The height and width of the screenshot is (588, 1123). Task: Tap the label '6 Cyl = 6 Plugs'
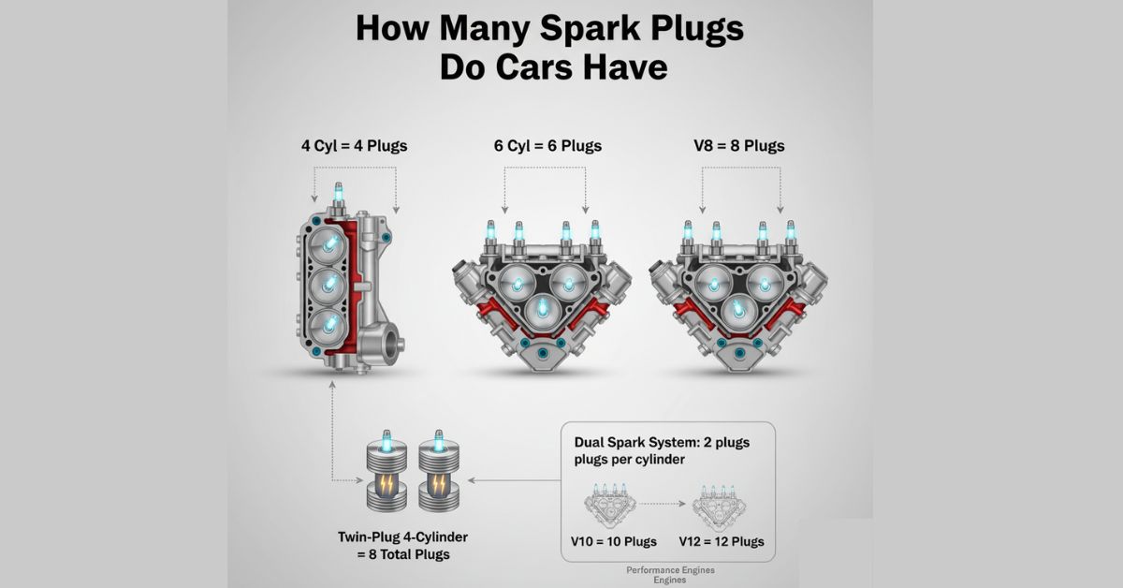[x=547, y=146]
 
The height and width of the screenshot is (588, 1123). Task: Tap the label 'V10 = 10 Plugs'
[x=613, y=541]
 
